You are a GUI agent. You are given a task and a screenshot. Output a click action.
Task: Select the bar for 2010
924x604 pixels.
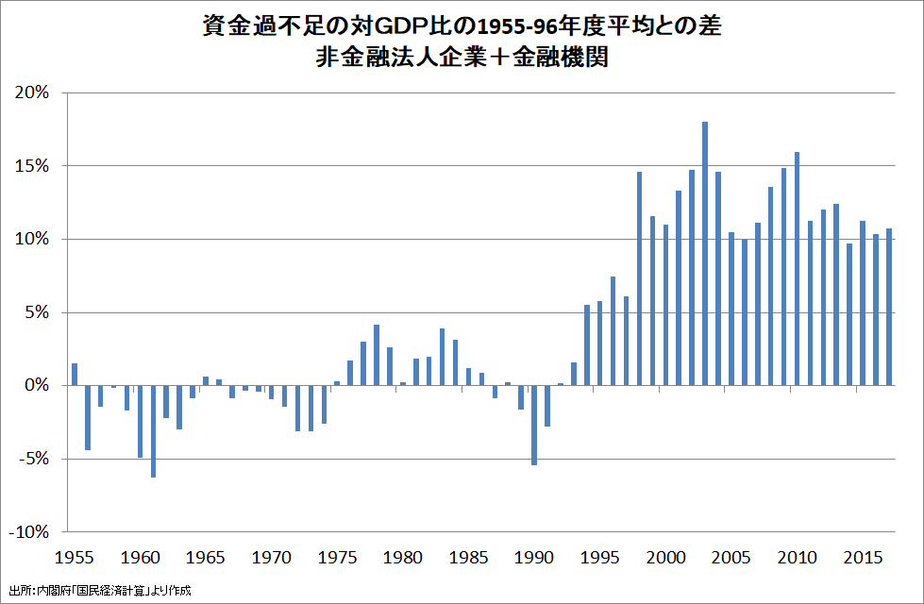[x=797, y=268]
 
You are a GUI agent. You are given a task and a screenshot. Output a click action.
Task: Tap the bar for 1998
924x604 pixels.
[x=639, y=278]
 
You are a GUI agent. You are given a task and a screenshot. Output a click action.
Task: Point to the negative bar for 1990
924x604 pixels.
[x=534, y=425]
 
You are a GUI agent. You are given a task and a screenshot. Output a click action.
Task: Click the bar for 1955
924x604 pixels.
[x=75, y=375]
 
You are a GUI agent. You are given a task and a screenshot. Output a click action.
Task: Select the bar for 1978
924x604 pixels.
[x=377, y=355]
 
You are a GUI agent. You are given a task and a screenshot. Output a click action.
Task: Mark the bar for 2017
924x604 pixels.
[x=888, y=307]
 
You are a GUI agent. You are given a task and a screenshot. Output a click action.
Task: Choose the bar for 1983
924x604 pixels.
[x=442, y=357]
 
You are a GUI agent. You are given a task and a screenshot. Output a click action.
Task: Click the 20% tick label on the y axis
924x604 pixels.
[x=31, y=92]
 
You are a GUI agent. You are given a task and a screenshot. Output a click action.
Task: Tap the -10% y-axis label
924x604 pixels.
[x=27, y=532]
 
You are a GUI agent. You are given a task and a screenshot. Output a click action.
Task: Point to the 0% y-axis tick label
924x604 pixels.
[x=36, y=386]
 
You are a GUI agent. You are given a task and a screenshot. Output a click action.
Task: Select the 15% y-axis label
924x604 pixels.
[x=31, y=166]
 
